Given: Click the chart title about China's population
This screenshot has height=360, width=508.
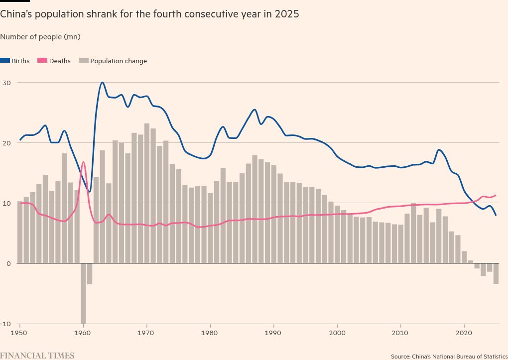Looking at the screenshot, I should (149, 14).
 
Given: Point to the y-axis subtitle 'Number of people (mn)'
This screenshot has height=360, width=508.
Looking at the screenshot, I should (40, 37).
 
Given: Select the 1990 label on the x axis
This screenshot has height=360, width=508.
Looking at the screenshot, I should (273, 332).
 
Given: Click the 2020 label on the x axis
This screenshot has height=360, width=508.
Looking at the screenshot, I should (464, 332).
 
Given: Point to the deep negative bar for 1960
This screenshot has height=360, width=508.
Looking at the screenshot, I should (83, 294).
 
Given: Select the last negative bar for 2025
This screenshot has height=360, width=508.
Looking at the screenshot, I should (496, 273).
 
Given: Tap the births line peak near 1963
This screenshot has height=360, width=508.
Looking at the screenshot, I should (102, 83).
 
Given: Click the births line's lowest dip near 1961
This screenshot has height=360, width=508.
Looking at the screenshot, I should (90, 191).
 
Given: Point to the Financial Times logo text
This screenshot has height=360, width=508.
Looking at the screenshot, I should (37, 356).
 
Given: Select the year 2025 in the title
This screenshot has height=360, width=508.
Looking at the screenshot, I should (288, 14).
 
